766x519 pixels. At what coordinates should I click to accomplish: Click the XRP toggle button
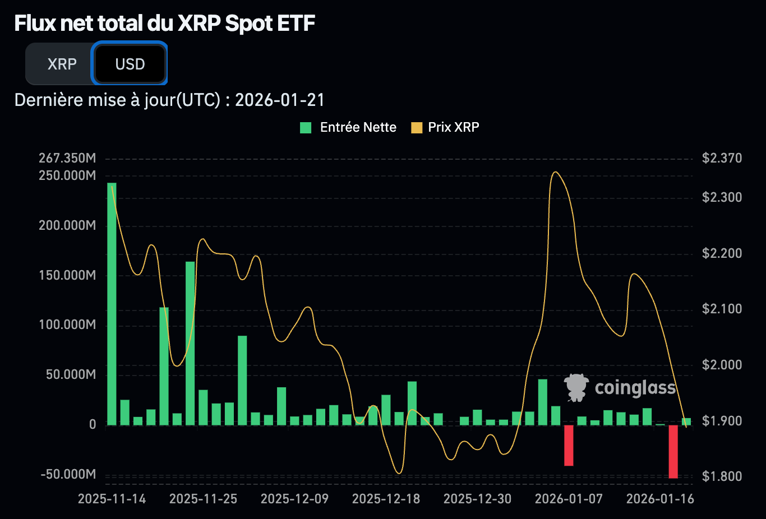point(62,64)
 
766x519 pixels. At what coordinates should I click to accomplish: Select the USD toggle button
point(130,64)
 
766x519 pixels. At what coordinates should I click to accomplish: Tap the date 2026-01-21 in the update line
point(279,100)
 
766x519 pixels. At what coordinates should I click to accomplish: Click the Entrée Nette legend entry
point(349,128)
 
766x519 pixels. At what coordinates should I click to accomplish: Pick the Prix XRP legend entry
point(446,128)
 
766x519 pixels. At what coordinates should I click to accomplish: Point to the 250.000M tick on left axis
point(67,175)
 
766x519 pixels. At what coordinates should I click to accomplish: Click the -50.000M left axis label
point(68,474)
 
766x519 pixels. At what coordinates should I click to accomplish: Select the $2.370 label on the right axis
point(722,158)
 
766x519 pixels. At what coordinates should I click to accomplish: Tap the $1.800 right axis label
point(722,476)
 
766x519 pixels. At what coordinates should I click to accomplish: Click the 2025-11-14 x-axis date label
point(112,499)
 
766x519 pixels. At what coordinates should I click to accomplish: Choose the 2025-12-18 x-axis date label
point(386,499)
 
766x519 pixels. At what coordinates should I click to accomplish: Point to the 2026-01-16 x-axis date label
point(660,499)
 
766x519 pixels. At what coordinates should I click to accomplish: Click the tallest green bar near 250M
point(112,303)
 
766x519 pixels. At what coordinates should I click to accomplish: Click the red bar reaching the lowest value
point(673,451)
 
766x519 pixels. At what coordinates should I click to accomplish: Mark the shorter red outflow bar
point(569,446)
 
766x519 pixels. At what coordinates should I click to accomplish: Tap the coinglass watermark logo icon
point(576,387)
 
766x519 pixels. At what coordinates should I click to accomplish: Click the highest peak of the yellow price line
point(555,173)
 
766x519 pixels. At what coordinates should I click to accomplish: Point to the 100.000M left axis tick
point(67,325)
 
